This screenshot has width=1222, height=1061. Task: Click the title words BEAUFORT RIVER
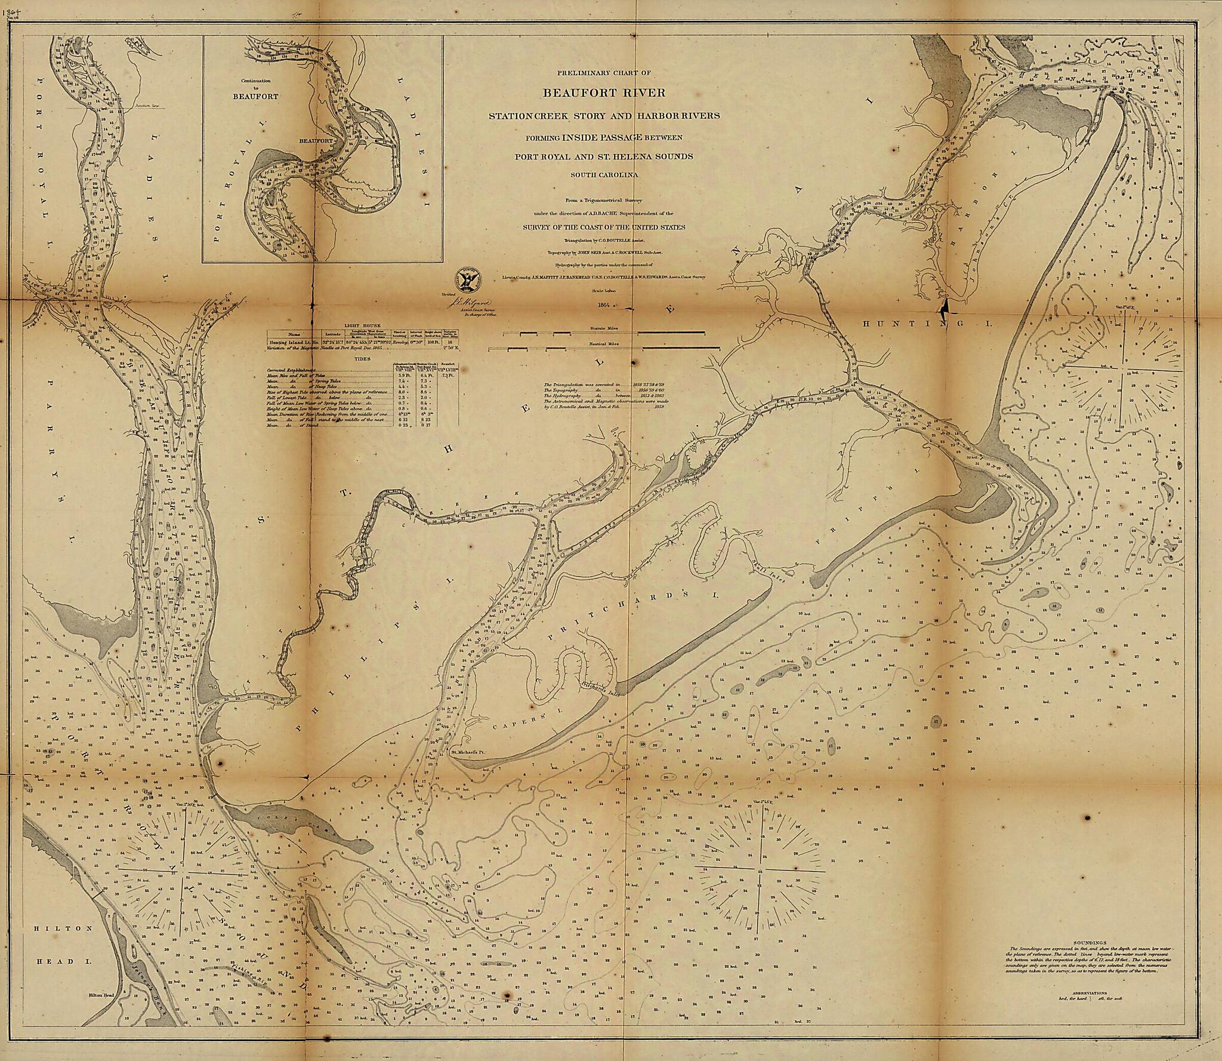pos(604,93)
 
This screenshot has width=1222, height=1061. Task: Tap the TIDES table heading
pos(362,359)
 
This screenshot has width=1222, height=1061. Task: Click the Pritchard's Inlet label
pos(597,688)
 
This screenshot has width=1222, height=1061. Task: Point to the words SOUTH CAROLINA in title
pos(604,175)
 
